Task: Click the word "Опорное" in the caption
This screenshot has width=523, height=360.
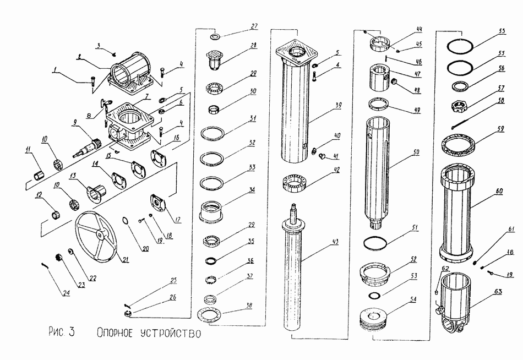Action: pos(115,332)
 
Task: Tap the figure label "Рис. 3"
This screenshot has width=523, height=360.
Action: pos(61,332)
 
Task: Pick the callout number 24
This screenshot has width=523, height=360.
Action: pos(66,292)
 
